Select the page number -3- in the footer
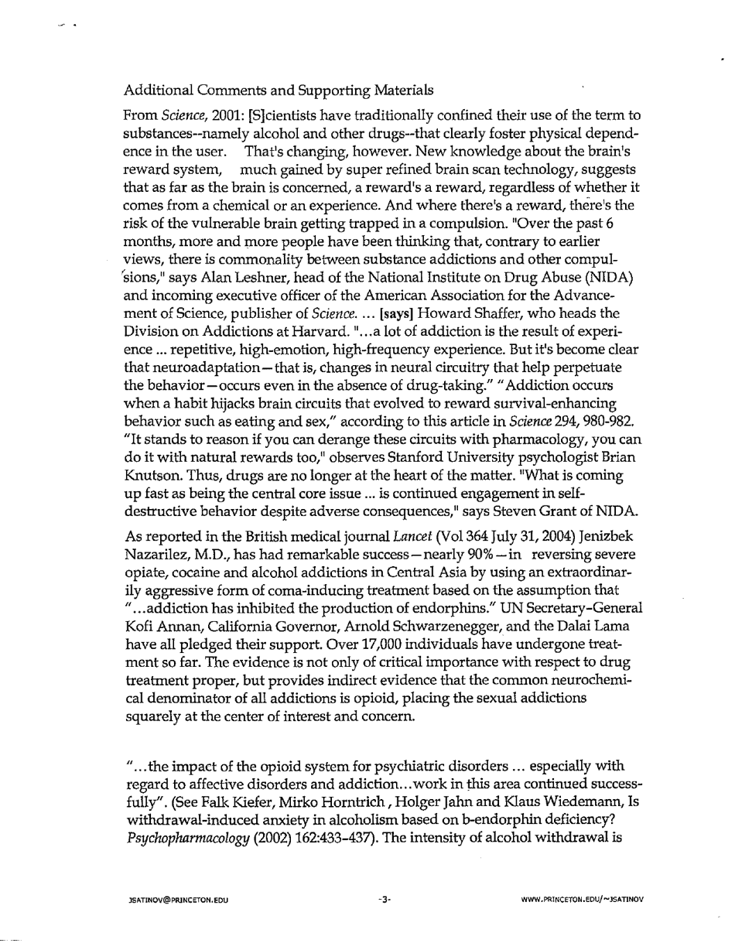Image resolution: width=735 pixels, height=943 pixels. point(385,900)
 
